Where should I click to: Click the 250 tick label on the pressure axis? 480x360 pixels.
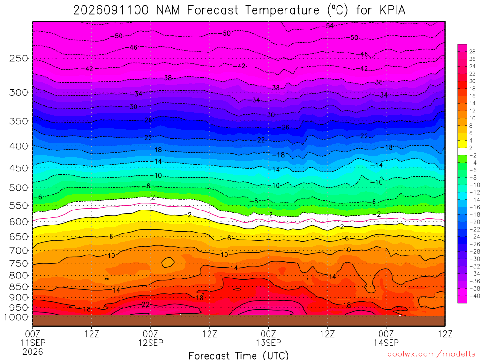(x=19, y=58)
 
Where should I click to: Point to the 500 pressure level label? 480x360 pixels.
(x=19, y=187)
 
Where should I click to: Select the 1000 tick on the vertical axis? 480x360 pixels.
(x=16, y=317)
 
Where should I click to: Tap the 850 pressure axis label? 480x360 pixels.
(x=19, y=287)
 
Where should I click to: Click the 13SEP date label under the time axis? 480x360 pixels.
(x=269, y=343)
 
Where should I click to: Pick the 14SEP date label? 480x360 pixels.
(x=386, y=343)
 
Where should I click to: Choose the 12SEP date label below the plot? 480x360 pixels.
(x=150, y=343)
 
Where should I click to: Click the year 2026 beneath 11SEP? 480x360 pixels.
(x=33, y=352)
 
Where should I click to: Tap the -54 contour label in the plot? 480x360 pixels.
(x=328, y=26)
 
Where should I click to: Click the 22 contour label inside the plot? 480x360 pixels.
(x=146, y=304)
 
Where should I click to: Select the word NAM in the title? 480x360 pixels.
(x=168, y=10)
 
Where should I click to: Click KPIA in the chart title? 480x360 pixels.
(x=392, y=10)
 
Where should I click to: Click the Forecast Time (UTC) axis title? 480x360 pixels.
(x=239, y=355)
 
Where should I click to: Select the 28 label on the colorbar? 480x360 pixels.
(x=472, y=52)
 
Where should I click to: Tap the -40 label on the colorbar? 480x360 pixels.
(x=474, y=296)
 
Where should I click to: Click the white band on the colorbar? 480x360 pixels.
(x=462, y=151)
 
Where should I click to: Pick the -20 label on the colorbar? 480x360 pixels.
(x=474, y=222)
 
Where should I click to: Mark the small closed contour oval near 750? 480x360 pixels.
(x=168, y=262)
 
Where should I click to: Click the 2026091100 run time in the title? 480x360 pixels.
(x=111, y=10)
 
